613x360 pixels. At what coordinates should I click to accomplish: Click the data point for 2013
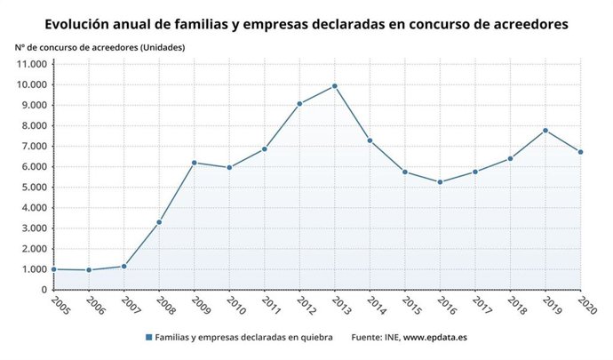(335, 86)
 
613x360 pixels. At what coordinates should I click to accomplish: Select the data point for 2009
(195, 163)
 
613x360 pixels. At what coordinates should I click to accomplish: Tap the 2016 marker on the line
(441, 182)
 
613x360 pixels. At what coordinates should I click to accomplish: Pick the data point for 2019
(545, 131)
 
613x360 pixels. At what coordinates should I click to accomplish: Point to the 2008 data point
(159, 222)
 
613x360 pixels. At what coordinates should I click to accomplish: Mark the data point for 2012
(299, 104)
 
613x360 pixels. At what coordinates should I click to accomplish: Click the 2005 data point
(54, 269)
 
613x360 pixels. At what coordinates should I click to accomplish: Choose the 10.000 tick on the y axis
(30, 84)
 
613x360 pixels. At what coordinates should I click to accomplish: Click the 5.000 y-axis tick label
(33, 188)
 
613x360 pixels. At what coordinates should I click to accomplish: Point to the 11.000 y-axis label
(30, 64)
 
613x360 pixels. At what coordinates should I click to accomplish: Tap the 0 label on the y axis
(44, 290)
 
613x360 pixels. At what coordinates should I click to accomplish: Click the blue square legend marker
(147, 339)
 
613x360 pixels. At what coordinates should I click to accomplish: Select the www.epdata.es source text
(435, 339)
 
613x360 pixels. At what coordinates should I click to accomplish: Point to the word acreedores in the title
(522, 25)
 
